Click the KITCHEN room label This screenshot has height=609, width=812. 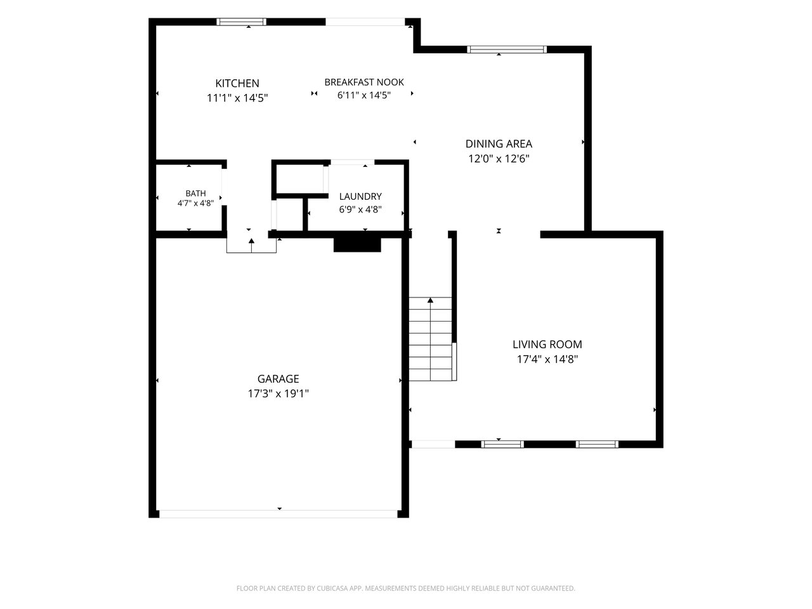click(237, 83)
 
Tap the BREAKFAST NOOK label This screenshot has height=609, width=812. click(364, 82)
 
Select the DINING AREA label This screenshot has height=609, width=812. click(499, 143)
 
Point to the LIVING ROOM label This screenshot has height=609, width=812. click(547, 344)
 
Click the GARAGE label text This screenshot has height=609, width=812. click(278, 379)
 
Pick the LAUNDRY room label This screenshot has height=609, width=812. click(360, 197)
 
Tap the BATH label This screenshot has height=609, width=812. click(195, 193)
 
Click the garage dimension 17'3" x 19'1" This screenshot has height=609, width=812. click(278, 393)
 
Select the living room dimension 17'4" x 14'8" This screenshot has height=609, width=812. click(547, 359)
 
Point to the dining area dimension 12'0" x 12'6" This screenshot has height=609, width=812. click(499, 159)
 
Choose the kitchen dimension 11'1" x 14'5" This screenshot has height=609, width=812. click(237, 98)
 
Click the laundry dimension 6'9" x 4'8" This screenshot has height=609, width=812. click(360, 209)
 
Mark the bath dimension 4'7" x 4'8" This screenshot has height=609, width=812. click(195, 203)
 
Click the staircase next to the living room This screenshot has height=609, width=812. click(431, 339)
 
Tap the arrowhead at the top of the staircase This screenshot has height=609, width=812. click(430, 300)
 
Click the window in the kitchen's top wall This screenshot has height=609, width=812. click(241, 22)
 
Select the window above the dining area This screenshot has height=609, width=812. click(506, 49)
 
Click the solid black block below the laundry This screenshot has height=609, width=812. click(357, 245)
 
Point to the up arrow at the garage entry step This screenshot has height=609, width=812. click(252, 246)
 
